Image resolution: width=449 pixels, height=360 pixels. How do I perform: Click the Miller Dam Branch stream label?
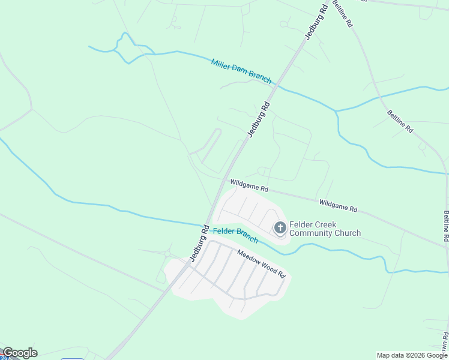tap(241, 71)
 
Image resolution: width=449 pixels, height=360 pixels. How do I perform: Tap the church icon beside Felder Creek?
tap(280, 228)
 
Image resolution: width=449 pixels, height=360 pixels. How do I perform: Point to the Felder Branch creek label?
tap(235, 235)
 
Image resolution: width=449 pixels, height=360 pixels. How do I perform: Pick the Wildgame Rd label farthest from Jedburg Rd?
tap(338, 206)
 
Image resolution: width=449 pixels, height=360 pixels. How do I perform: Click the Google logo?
tap(19, 353)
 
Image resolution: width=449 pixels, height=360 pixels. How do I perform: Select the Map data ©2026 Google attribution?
tap(412, 355)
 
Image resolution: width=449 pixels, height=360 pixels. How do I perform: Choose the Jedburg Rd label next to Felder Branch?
tap(199, 243)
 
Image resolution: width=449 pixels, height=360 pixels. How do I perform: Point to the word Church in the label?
tap(348, 233)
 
